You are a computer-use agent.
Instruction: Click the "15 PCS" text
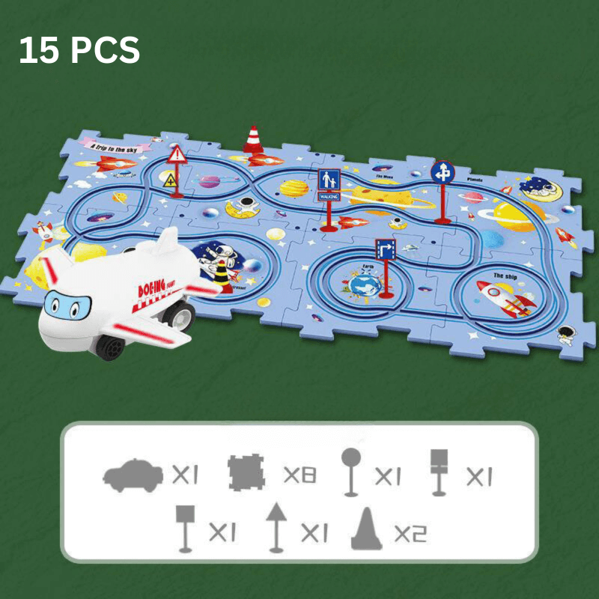(79, 50)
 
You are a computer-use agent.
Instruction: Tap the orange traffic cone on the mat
(253, 140)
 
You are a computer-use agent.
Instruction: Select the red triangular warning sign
(177, 155)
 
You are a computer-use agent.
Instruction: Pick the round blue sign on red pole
(443, 172)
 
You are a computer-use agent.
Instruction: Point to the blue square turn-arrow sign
(386, 248)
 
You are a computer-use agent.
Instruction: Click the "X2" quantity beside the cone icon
(410, 533)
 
